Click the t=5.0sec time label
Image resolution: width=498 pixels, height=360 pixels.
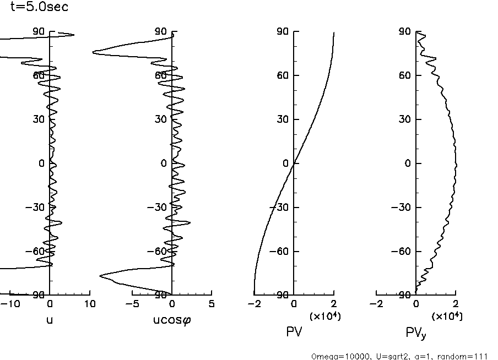[x=39, y=8]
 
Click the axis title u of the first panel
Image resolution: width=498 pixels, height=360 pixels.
[x=50, y=319]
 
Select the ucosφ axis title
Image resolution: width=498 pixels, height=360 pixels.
[x=172, y=319]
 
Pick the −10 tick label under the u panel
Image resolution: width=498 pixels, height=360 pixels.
[x=12, y=304]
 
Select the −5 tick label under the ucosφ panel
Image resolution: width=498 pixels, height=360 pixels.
[x=132, y=304]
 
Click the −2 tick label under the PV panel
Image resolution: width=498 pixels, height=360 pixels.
[x=254, y=304]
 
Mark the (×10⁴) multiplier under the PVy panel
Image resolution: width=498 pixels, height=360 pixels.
[x=446, y=316]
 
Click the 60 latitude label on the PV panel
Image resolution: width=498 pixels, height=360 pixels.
[x=283, y=75]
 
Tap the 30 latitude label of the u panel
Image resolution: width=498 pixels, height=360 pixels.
[x=39, y=119]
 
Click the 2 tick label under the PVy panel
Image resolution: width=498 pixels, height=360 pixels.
[x=455, y=304]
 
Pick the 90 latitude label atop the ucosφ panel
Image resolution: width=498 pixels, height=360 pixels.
[x=161, y=31]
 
